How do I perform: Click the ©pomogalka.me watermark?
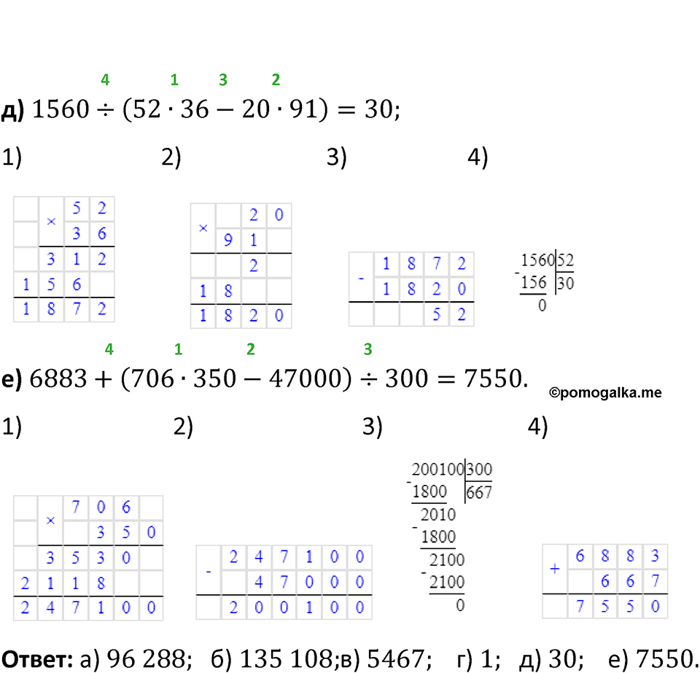click(605, 393)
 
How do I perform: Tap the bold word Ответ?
click(37, 658)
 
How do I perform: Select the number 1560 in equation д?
click(61, 109)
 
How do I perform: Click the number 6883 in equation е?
click(58, 378)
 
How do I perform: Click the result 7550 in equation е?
click(493, 378)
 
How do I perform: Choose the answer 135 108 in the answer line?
click(286, 658)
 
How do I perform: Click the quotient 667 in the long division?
click(478, 493)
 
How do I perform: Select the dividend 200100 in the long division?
click(437, 470)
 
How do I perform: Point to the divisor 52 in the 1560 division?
click(565, 260)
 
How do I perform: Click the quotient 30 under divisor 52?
click(565, 283)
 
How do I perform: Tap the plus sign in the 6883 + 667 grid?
click(554, 569)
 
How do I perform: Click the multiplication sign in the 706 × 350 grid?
click(50, 521)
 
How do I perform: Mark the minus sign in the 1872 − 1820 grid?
click(361, 279)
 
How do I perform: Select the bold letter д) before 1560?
click(12, 110)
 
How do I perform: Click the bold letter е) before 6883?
click(12, 379)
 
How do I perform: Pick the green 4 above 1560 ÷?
click(105, 80)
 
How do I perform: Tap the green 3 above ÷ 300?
click(367, 349)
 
